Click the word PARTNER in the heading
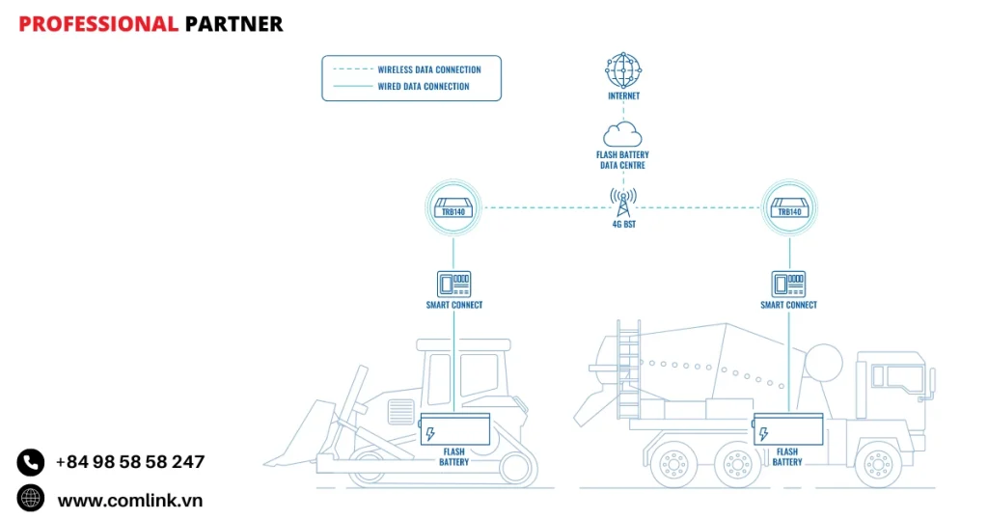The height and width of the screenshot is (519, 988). coord(233,24)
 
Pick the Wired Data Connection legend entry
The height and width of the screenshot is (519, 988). coord(423,86)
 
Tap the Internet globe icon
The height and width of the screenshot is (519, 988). coord(623,70)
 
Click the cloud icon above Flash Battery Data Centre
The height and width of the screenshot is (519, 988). coord(622,134)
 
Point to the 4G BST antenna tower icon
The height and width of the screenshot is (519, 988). coord(623,204)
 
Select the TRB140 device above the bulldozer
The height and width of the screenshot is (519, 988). coord(453,208)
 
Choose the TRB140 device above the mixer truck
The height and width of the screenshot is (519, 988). coord(789,208)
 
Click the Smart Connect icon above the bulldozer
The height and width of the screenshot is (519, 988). coord(453,283)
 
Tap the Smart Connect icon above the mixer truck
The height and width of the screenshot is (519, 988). coord(788,283)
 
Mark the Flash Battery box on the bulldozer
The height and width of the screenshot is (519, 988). coord(454,429)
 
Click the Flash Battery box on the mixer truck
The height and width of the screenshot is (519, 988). coord(787,429)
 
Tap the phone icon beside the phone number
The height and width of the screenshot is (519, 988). coord(31,462)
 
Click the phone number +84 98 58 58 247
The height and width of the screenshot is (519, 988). coord(130,462)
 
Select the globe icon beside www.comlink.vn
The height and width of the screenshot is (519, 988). coord(31,498)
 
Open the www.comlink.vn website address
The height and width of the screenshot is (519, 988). coord(129,500)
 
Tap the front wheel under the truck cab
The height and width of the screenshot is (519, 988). coord(879,464)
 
